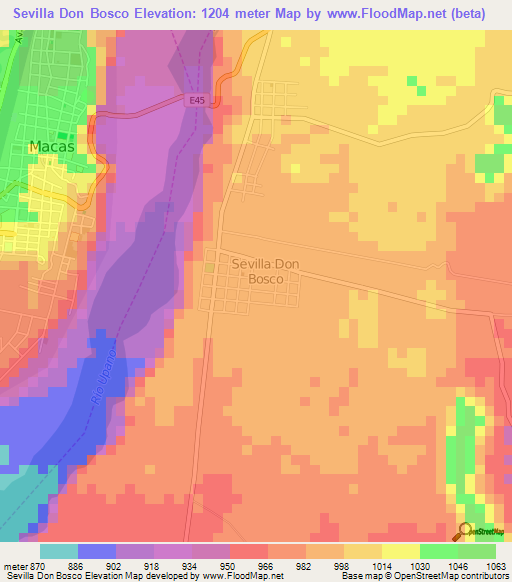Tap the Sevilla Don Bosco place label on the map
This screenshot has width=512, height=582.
(265, 271)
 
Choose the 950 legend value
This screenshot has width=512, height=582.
(236, 566)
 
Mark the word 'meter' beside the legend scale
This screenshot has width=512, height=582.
(14, 566)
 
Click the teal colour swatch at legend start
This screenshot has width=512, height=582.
(59, 551)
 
